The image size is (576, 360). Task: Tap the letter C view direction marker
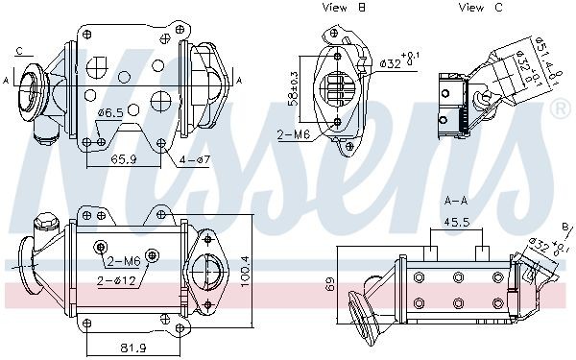coord(19,50)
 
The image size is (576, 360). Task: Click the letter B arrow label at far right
coord(566,227)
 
